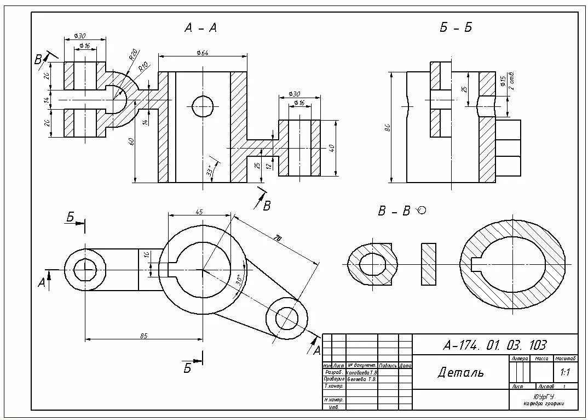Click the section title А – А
pyautogui.click(x=201, y=29)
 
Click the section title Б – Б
pyautogui.click(x=456, y=28)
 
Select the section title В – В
pyautogui.click(x=394, y=211)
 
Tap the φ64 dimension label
pyautogui.click(x=203, y=53)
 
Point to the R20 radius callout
pyautogui.click(x=133, y=55)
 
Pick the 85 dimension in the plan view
pyautogui.click(x=144, y=336)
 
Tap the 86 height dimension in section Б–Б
pyautogui.click(x=387, y=128)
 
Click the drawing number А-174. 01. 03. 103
pyautogui.click(x=494, y=345)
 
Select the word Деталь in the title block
pyautogui.click(x=460, y=373)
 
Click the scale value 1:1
pyautogui.click(x=566, y=372)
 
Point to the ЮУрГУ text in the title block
pyautogui.click(x=544, y=396)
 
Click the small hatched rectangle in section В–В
pyautogui.click(x=429, y=264)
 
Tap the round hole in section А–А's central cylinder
pyautogui.click(x=203, y=106)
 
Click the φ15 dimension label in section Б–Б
pyautogui.click(x=503, y=81)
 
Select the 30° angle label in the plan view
pyautogui.click(x=238, y=279)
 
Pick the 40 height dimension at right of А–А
pyautogui.click(x=332, y=148)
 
